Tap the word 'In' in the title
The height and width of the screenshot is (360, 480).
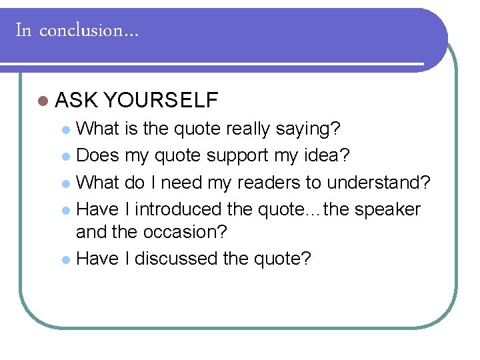(x=23, y=31)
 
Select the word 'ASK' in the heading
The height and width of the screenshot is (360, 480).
(x=76, y=101)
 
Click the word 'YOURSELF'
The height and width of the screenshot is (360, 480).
(x=161, y=101)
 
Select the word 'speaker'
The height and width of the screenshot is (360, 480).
(x=387, y=209)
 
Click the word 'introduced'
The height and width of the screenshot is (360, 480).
(x=179, y=209)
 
